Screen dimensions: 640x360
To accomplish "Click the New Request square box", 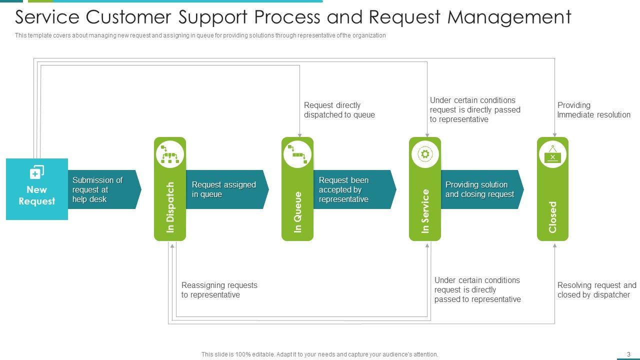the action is pyautogui.click(x=37, y=189).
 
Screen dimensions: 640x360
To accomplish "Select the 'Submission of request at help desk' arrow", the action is pyautogui.click(x=104, y=189).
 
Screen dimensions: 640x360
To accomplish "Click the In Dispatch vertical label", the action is pyautogui.click(x=170, y=207).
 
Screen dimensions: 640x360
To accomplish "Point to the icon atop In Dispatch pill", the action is pyautogui.click(x=170, y=154).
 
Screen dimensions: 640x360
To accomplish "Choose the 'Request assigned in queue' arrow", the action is pyautogui.click(x=227, y=189).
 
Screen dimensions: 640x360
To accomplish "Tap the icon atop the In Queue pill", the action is pyautogui.click(x=297, y=154).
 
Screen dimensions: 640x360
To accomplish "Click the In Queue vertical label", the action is pyautogui.click(x=297, y=212).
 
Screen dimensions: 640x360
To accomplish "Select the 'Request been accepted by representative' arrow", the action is pyautogui.click(x=355, y=189).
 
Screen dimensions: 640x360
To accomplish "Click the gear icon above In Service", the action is pyautogui.click(x=425, y=154).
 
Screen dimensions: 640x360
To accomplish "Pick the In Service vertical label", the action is pyautogui.click(x=425, y=211).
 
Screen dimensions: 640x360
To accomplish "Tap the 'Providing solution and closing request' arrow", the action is pyautogui.click(x=482, y=189).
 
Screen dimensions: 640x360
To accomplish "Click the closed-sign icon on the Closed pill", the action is pyautogui.click(x=552, y=154).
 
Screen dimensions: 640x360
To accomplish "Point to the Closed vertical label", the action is pyautogui.click(x=552, y=217).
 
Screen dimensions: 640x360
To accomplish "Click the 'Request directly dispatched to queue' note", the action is pyautogui.click(x=339, y=110).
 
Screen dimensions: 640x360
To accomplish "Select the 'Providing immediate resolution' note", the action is pyautogui.click(x=593, y=110).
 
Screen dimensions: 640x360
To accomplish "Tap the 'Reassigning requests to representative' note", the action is pyautogui.click(x=219, y=290).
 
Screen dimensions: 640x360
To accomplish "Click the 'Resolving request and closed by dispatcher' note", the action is pyautogui.click(x=597, y=290).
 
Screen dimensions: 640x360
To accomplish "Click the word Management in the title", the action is pyautogui.click(x=509, y=17).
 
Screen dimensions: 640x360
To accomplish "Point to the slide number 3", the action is pyautogui.click(x=628, y=354).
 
